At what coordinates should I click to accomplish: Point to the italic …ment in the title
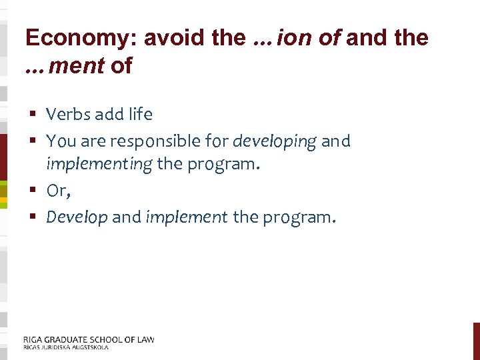[x=64, y=65]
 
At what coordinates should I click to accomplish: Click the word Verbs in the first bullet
[x=67, y=115]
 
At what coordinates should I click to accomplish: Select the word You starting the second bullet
[x=61, y=141]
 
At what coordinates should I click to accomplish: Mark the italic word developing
[x=274, y=141]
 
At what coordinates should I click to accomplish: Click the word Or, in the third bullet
[x=58, y=191]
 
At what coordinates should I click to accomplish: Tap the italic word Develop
[x=77, y=217]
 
